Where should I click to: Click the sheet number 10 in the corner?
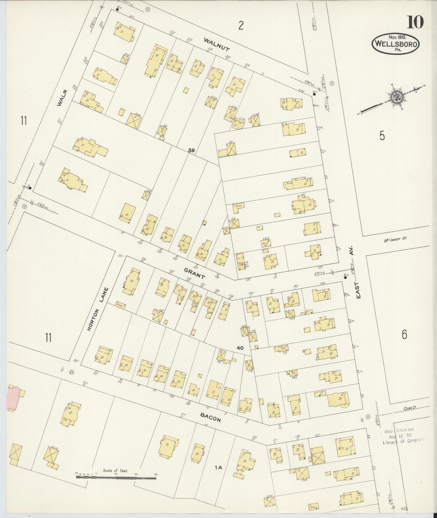(415, 22)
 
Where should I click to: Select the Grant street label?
(195, 273)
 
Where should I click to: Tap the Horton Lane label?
(98, 309)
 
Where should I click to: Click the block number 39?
(191, 150)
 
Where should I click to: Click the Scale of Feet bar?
(116, 477)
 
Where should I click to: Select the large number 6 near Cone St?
(404, 335)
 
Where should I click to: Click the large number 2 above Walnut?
(241, 25)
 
